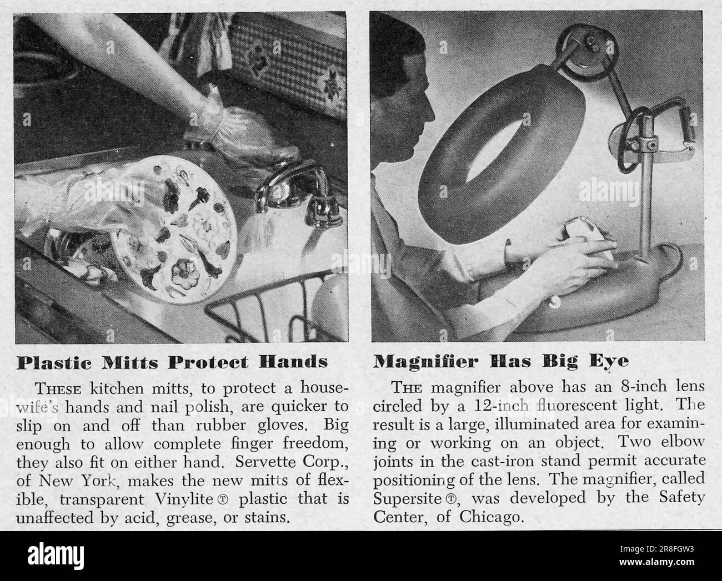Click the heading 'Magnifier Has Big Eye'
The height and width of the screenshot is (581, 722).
click(501, 362)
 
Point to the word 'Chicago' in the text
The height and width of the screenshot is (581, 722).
click(492, 517)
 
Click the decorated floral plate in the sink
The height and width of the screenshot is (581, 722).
click(174, 229)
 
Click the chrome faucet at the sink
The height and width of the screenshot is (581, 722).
click(295, 194)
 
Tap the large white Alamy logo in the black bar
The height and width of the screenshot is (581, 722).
click(56, 556)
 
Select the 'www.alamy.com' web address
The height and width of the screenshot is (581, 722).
click(656, 562)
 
